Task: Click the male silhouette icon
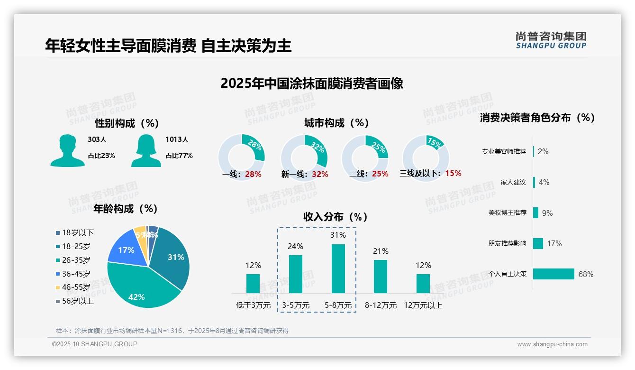(67, 150)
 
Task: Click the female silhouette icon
(146, 150)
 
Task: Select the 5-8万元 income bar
(338, 268)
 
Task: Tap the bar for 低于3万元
(253, 283)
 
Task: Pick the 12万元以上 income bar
(423, 283)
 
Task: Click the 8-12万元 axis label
(381, 305)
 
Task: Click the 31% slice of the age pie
(173, 256)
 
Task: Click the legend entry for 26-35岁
(76, 260)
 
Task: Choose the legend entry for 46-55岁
(76, 287)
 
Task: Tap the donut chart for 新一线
(304, 157)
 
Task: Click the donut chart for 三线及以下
(425, 157)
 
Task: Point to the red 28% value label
(253, 174)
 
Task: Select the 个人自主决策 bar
(553, 274)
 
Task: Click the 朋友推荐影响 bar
(538, 243)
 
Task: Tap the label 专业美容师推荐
(504, 152)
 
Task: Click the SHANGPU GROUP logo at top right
(551, 40)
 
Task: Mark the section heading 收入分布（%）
(336, 217)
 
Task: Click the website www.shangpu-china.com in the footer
(552, 344)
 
